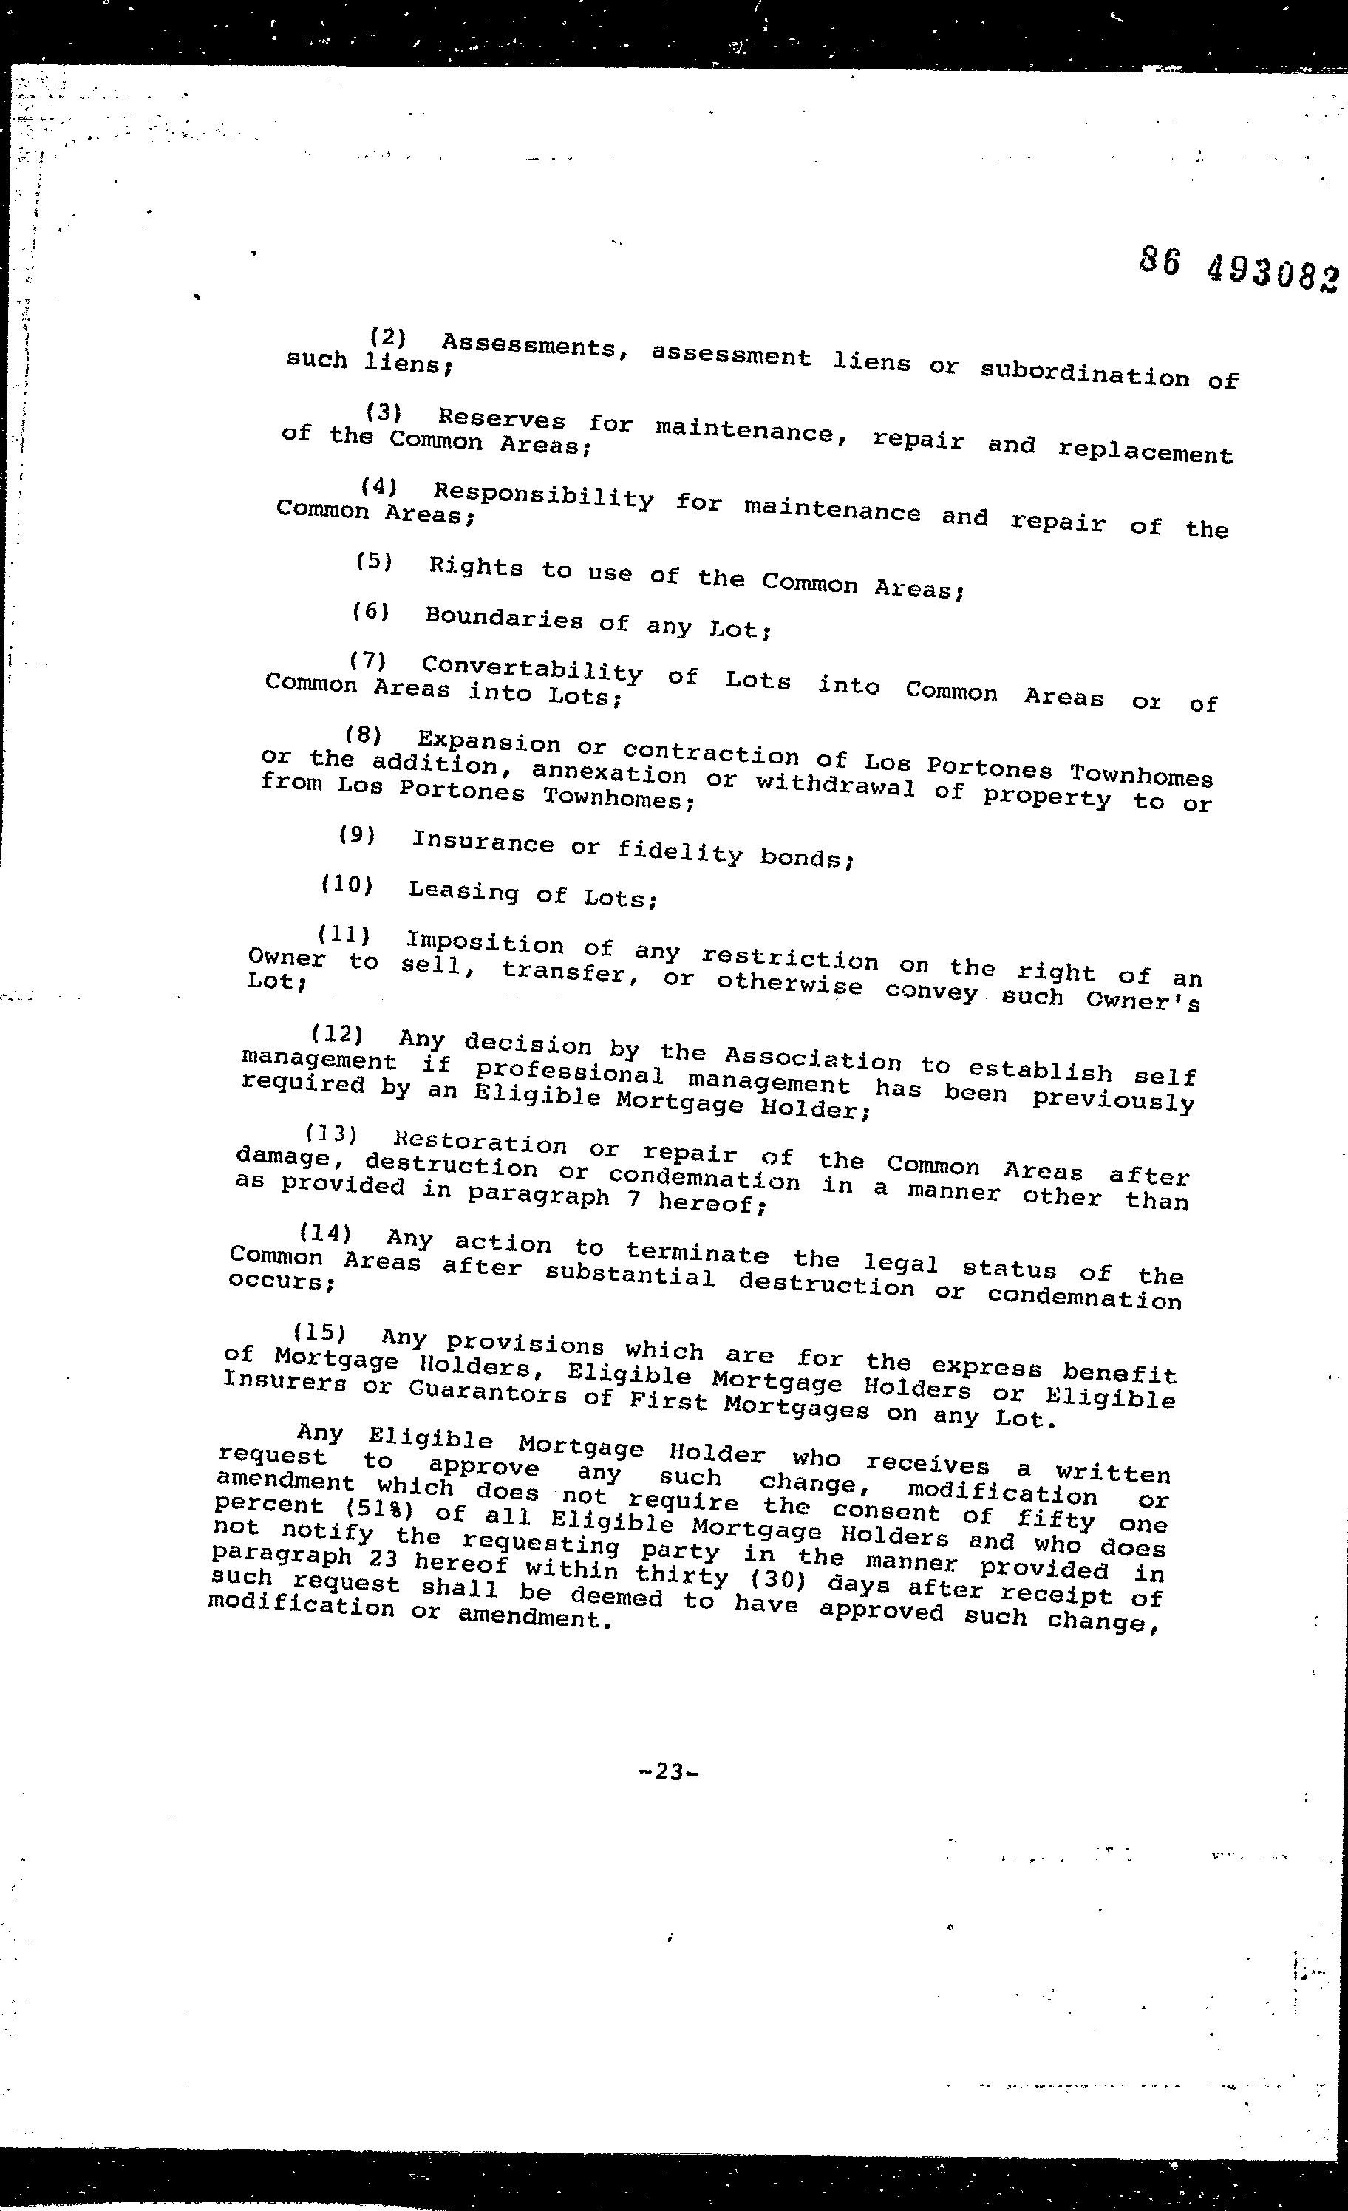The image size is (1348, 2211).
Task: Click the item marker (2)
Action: [388, 338]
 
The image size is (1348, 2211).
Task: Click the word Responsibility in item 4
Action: [543, 497]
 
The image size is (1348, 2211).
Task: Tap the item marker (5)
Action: [374, 562]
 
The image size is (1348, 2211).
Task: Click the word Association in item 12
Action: [812, 1058]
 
